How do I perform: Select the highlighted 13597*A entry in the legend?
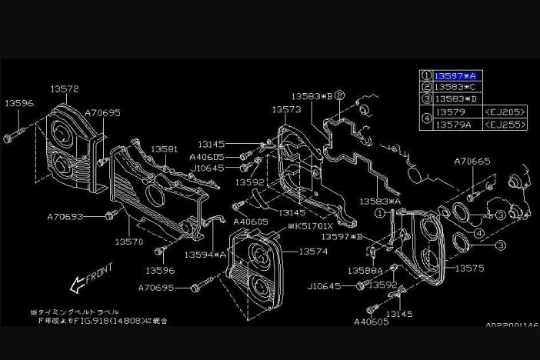pos(455,75)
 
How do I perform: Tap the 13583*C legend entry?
pos(455,87)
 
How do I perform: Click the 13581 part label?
pos(164,148)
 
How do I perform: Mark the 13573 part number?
pos(285,109)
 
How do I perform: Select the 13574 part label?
pos(313,251)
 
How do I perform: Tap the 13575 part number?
pos(469,268)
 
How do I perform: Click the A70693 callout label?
pos(65,217)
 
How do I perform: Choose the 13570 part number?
pos(129,241)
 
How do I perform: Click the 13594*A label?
pos(205,254)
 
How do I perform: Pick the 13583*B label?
pos(312,96)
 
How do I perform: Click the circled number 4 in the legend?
pos(426,118)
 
